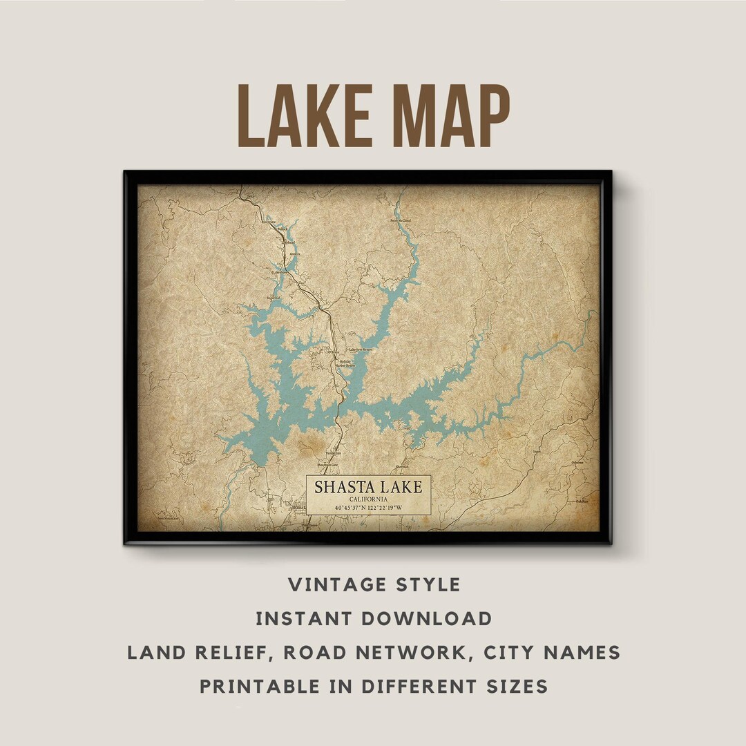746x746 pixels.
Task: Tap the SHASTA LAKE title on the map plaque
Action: pyautogui.click(x=368, y=486)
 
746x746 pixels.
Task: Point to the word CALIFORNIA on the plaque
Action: pyautogui.click(x=368, y=499)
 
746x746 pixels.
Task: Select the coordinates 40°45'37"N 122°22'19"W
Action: pyautogui.click(x=368, y=508)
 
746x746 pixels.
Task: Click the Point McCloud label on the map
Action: pyautogui.click(x=401, y=220)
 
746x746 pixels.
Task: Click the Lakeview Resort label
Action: pyautogui.click(x=360, y=350)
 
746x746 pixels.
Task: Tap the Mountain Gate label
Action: pyautogui.click(x=328, y=465)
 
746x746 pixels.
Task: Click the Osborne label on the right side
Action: pyautogui.click(x=577, y=462)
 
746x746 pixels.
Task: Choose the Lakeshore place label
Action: pyautogui.click(x=279, y=272)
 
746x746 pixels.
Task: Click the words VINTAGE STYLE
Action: pyautogui.click(x=374, y=585)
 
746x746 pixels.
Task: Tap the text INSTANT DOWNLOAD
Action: pyautogui.click(x=374, y=619)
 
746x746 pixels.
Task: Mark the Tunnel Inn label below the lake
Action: pyautogui.click(x=334, y=453)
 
